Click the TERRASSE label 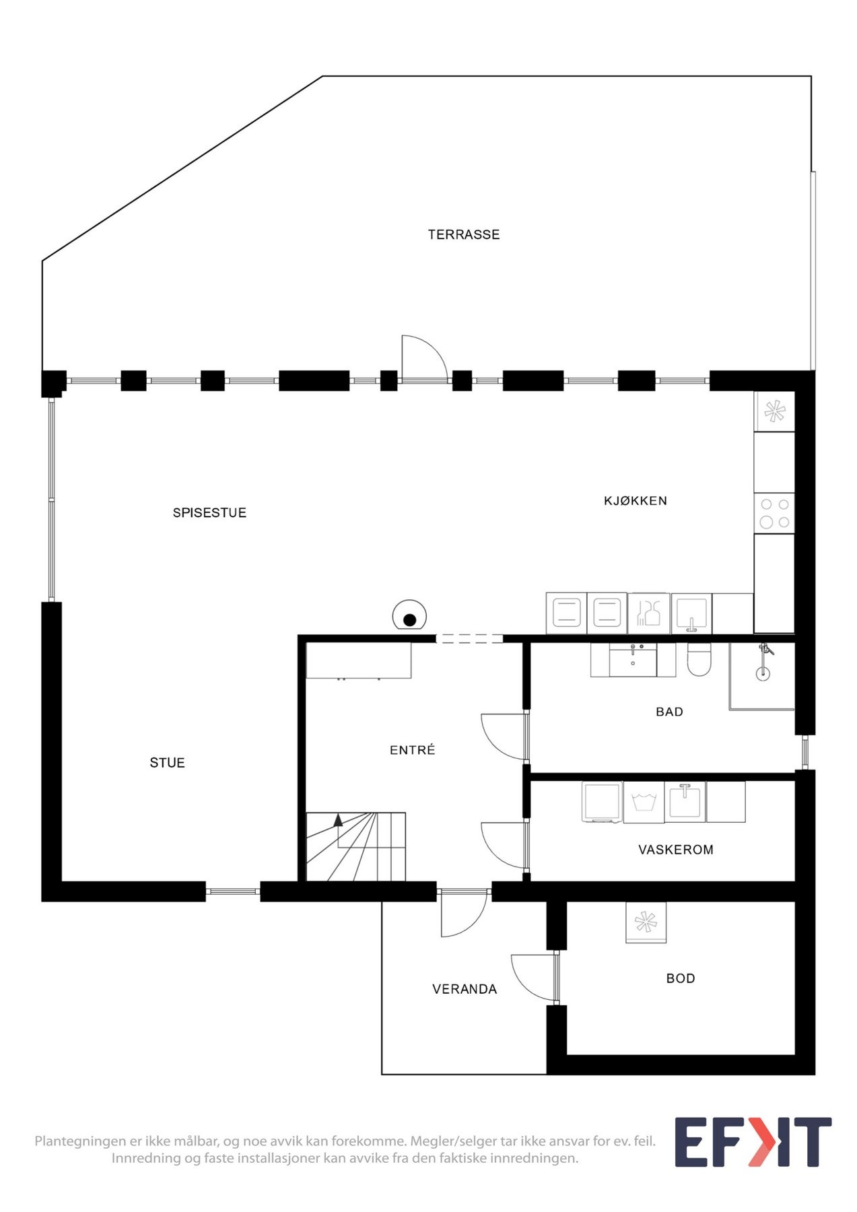coord(464,234)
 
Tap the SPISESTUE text coord(209,512)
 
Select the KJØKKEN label coord(635,500)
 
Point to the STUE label coord(167,762)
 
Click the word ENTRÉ coord(412,749)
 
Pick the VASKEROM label coord(675,849)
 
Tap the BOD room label coord(680,978)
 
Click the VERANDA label coord(464,988)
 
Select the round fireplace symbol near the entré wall coord(409,615)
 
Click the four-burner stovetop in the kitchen coord(774,513)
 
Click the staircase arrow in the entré coord(338,820)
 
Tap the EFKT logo coord(753,1142)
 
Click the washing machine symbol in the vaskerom coord(644,801)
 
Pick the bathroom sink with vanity coord(633,660)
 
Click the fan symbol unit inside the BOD coord(646,922)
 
